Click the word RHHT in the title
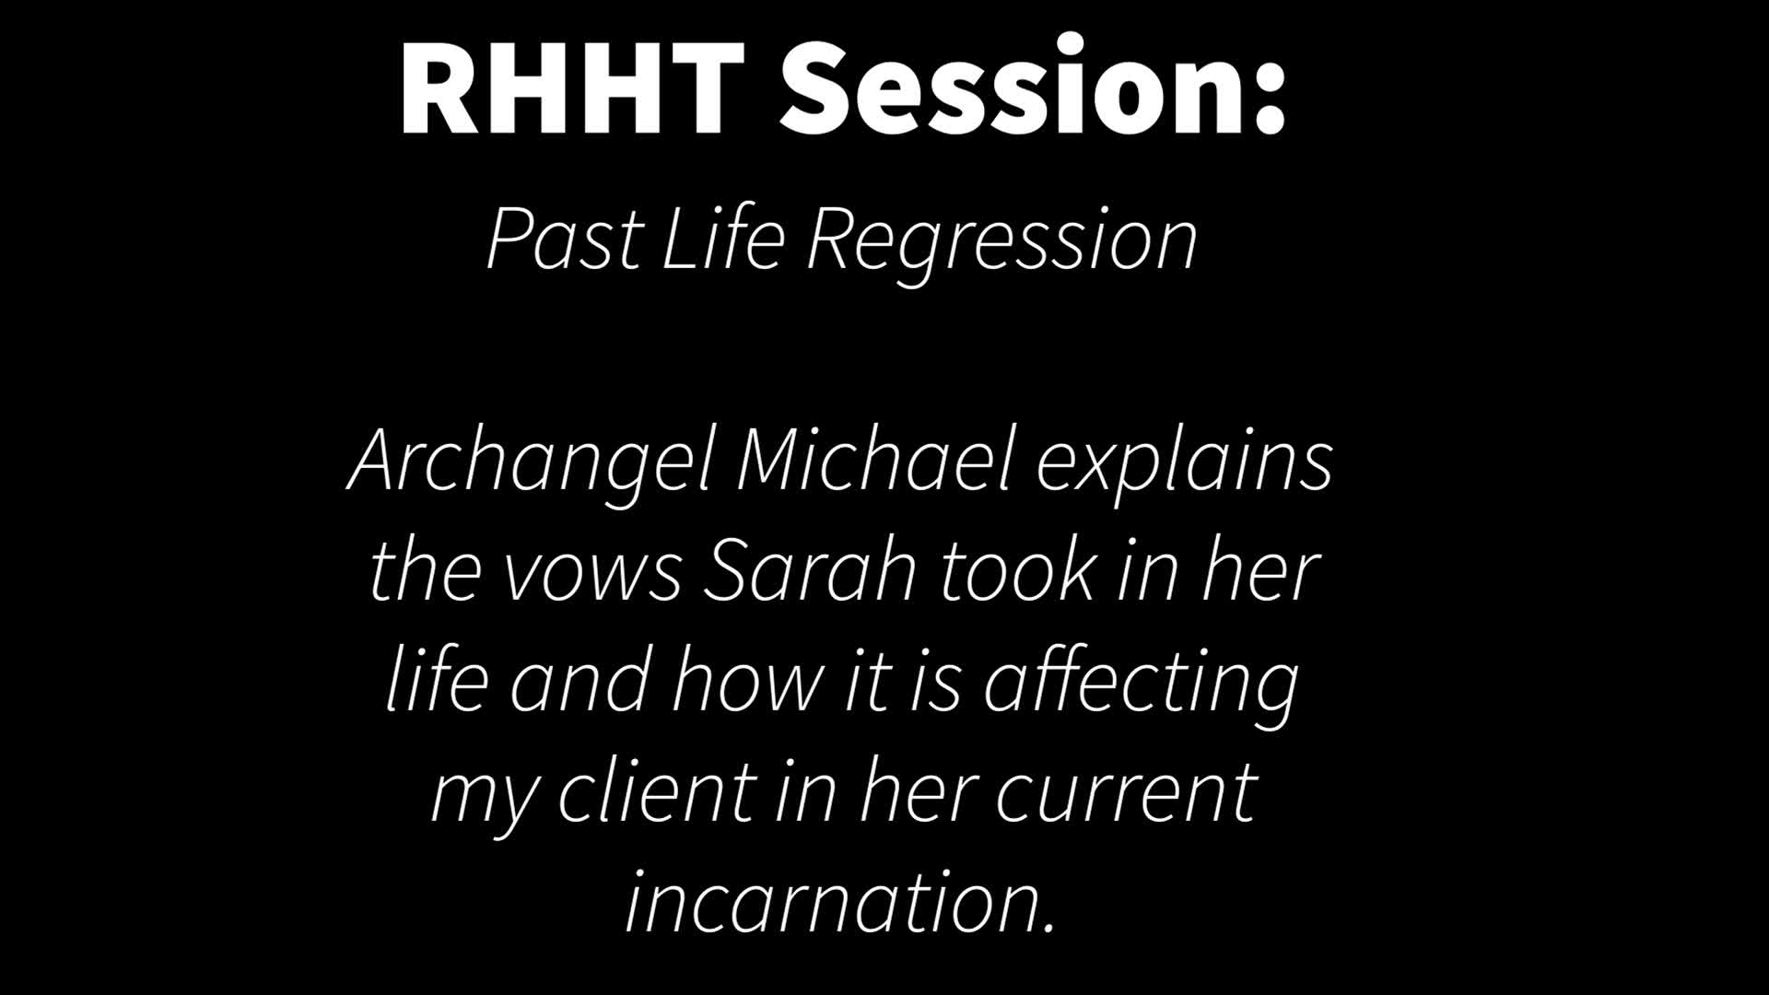pos(572,88)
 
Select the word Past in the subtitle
pos(563,240)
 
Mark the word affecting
pos(1142,686)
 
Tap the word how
pos(747,680)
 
